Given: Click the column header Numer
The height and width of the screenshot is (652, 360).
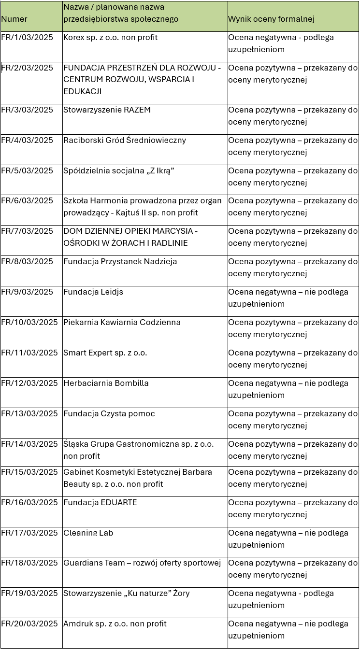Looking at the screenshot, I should [14, 19].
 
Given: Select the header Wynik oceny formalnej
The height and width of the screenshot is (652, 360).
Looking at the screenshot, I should [271, 19].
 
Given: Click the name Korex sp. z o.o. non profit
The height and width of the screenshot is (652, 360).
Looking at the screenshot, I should [110, 38].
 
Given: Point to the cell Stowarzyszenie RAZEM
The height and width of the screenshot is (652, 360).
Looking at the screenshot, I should [107, 110].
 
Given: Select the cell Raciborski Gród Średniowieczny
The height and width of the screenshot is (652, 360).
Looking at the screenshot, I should [124, 141].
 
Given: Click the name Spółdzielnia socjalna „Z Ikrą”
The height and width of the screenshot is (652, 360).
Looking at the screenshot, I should [118, 171].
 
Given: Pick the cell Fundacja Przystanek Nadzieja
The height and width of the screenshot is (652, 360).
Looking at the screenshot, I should [120, 262].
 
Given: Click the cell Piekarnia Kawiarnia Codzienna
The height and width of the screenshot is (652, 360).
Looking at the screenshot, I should [122, 323].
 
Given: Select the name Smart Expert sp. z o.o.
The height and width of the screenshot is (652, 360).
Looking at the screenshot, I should [105, 353].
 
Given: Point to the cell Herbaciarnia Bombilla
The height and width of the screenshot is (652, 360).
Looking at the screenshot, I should [106, 383].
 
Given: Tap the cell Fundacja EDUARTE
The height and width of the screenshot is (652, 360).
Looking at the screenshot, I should [100, 503].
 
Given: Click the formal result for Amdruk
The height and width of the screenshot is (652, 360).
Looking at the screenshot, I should [288, 630].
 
